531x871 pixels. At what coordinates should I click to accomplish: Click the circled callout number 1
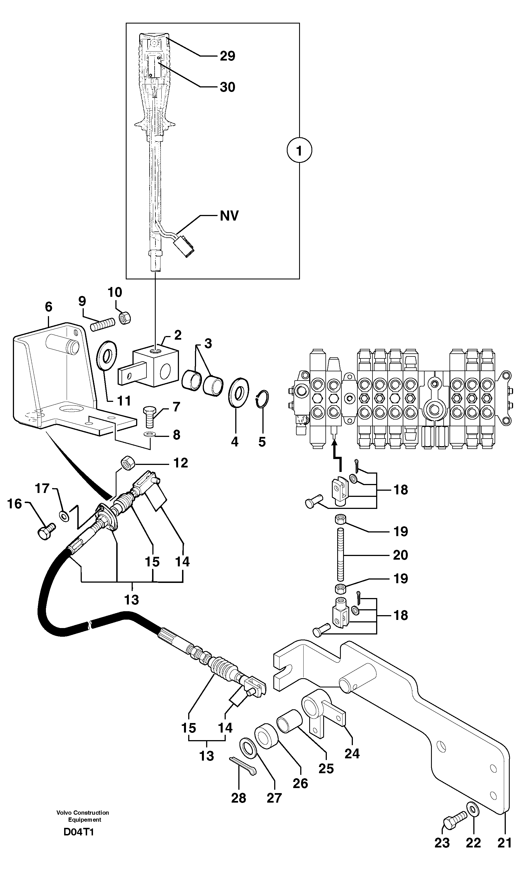(299, 151)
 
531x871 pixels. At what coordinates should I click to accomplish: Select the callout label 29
(227, 56)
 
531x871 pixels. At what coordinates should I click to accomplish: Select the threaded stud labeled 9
(103, 324)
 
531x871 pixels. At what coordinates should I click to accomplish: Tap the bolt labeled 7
(149, 416)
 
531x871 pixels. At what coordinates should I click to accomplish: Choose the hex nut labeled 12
(127, 463)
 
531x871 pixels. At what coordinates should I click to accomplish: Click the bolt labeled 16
(46, 532)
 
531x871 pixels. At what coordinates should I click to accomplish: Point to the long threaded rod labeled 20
(341, 554)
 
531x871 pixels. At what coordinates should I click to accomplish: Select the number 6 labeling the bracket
(48, 307)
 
